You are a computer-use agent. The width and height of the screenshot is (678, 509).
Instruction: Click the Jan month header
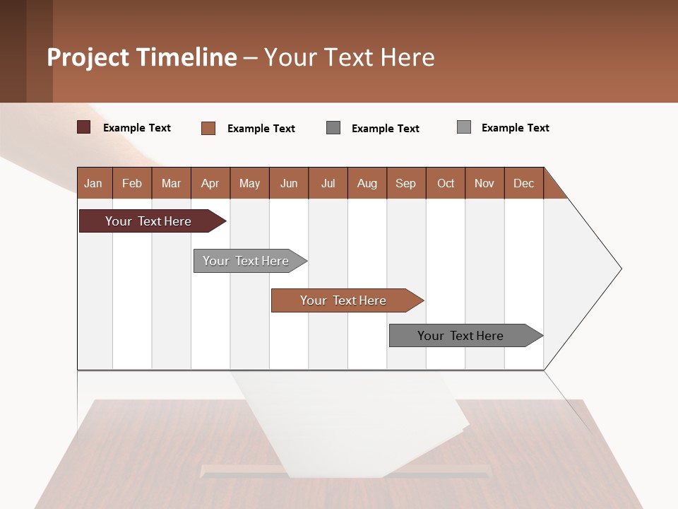point(94,183)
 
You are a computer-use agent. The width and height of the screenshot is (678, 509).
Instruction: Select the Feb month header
point(132,183)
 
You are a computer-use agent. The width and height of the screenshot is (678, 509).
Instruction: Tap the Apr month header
point(210,183)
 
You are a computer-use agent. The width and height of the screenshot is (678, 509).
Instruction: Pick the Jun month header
point(289,183)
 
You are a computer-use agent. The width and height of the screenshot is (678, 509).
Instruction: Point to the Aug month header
point(367,183)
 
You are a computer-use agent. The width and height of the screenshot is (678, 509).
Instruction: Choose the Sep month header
point(406,183)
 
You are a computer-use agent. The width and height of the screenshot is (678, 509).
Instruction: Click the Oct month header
point(446,183)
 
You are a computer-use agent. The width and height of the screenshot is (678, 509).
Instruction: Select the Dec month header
point(524,183)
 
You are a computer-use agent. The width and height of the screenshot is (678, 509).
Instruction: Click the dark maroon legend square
point(84,127)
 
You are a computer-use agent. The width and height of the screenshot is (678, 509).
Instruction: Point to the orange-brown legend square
point(208,128)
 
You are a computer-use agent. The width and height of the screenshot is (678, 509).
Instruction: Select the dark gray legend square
point(333,128)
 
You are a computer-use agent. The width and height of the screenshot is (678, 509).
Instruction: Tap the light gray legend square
point(464,127)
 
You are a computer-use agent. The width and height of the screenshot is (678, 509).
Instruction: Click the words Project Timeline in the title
point(142,57)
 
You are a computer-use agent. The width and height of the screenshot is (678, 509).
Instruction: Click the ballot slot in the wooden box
point(346,472)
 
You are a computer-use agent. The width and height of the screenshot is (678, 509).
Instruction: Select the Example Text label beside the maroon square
point(137,128)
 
